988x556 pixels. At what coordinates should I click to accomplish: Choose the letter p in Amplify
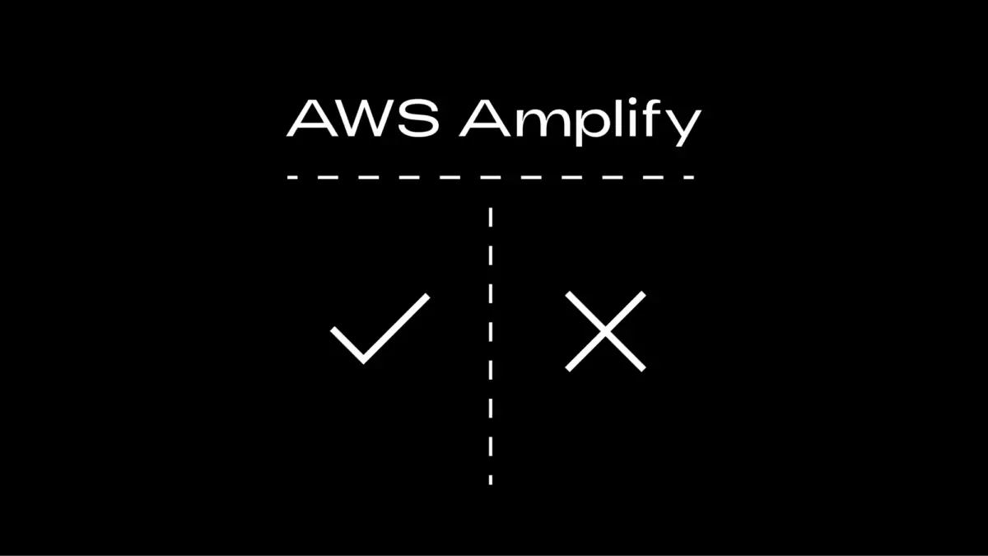589,128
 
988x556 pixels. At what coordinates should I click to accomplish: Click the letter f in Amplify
655,119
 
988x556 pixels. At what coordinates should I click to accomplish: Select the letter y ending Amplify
683,128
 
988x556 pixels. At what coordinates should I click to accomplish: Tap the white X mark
605,331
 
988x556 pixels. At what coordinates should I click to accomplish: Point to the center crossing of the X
605,331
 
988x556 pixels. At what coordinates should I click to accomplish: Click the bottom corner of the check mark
363,361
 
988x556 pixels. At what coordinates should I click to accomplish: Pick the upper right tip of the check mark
427,296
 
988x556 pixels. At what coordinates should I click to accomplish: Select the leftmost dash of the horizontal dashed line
291,177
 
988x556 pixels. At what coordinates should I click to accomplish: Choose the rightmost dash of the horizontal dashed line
688,177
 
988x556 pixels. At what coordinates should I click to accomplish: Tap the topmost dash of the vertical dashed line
491,216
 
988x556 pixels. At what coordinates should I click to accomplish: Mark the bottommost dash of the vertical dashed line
491,479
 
